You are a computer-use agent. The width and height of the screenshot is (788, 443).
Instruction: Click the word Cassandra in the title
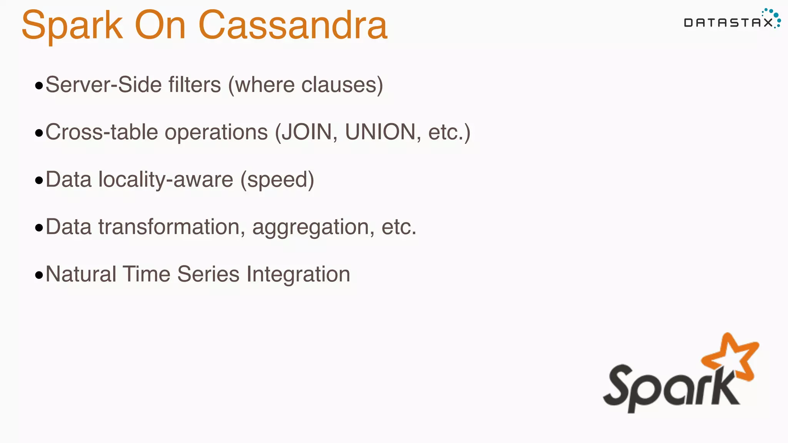(x=293, y=25)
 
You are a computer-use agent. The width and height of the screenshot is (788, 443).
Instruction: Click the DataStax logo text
(x=728, y=23)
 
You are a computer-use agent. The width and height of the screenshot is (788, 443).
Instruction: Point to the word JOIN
(x=307, y=132)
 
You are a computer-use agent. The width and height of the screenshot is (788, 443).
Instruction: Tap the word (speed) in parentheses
(x=277, y=180)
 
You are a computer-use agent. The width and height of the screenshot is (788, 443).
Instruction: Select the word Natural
(x=81, y=274)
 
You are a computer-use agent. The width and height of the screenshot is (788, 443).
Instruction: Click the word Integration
(x=298, y=274)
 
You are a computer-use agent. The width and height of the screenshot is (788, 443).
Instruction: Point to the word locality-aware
(x=165, y=180)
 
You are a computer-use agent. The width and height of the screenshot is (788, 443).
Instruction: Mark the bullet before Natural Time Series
(x=39, y=275)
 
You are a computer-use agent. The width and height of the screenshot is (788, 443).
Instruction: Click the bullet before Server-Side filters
(x=39, y=86)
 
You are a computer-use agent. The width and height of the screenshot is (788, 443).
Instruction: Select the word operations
(x=216, y=132)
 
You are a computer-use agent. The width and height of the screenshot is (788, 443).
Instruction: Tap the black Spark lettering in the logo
(x=669, y=388)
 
